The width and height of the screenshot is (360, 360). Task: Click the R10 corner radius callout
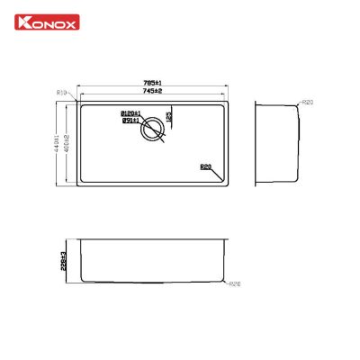(62, 93)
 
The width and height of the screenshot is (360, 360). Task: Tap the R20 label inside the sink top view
(206, 166)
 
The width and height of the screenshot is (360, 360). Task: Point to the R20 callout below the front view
(235, 285)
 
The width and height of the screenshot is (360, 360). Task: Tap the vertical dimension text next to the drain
(169, 115)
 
